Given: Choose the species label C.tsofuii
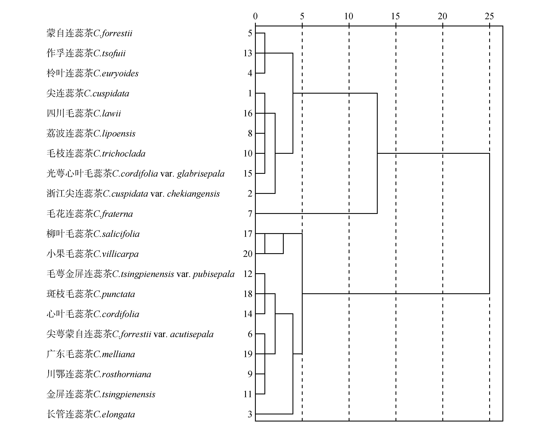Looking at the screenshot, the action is (x=109, y=53).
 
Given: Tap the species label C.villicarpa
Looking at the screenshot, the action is (x=116, y=254).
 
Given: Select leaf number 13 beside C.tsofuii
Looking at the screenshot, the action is (x=248, y=53).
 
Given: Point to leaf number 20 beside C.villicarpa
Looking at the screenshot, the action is (x=248, y=254).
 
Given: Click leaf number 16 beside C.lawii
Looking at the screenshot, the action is (x=248, y=113).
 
